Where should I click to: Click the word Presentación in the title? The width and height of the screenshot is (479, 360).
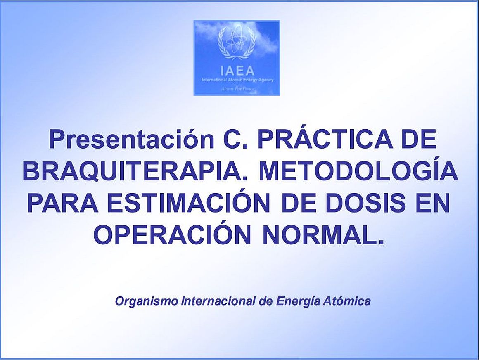[131, 139]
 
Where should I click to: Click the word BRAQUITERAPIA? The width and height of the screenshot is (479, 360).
[136, 172]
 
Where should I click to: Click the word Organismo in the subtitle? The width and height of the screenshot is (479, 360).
[147, 301]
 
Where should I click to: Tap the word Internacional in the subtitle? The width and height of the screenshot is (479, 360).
[218, 301]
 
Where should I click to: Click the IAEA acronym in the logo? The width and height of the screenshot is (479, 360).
[237, 71]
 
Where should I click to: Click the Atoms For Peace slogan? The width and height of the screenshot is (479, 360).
[238, 89]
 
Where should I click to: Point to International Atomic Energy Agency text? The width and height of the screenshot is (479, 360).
[237, 80]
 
